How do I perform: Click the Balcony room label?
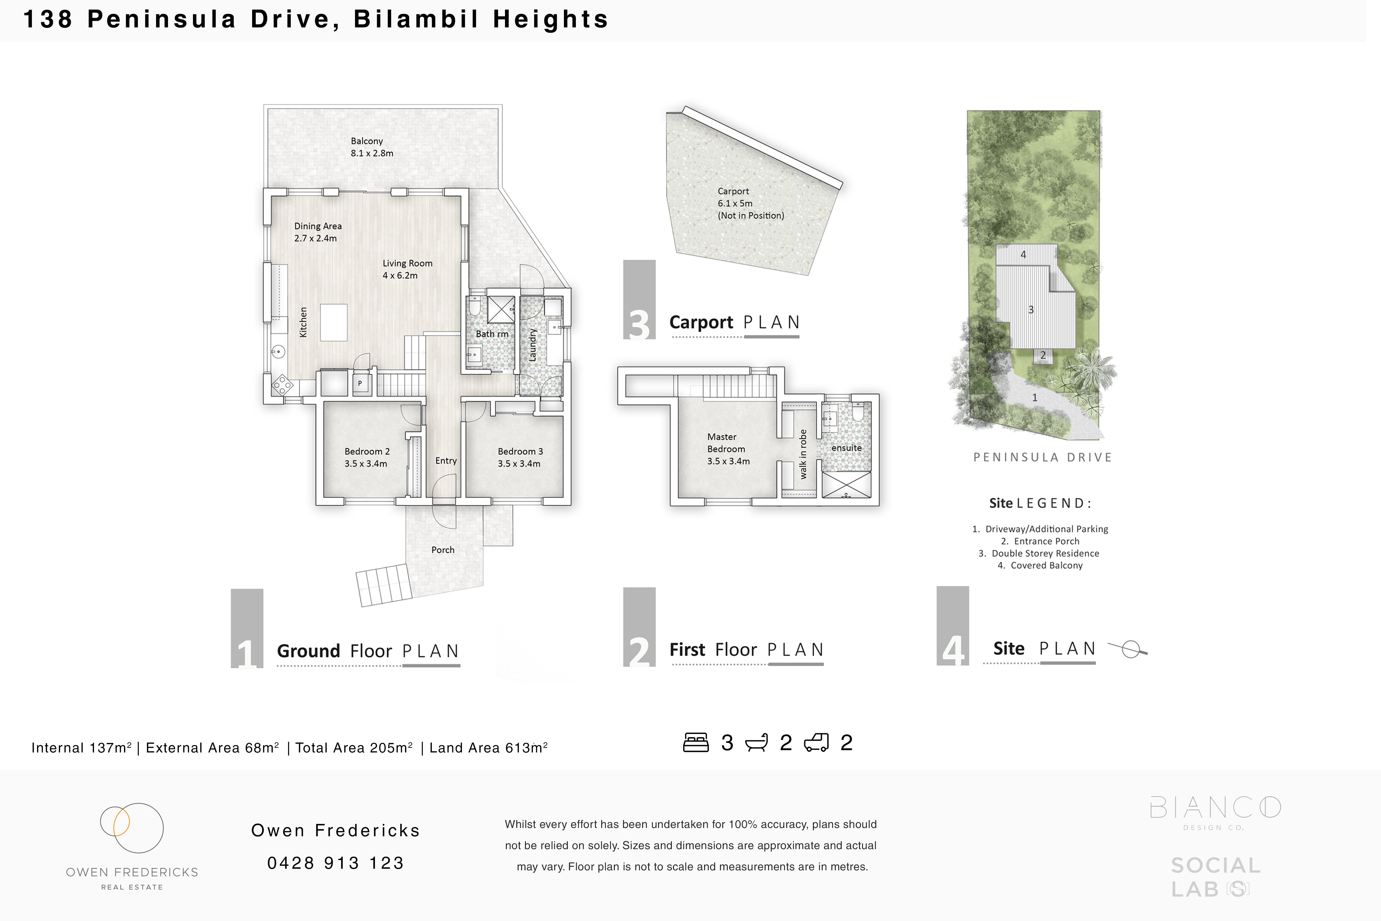pos(372,147)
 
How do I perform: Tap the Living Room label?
pos(407,269)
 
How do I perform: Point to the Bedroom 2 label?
pos(367,457)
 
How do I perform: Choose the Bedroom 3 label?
pos(520,457)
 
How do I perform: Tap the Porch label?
pos(443,550)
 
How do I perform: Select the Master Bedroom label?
pos(728,449)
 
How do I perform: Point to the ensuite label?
pos(846,448)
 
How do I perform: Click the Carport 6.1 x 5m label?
pos(750,203)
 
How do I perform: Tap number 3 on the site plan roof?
pos(1030,309)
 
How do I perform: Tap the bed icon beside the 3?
pos(696,742)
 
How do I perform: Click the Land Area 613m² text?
pos(488,748)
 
